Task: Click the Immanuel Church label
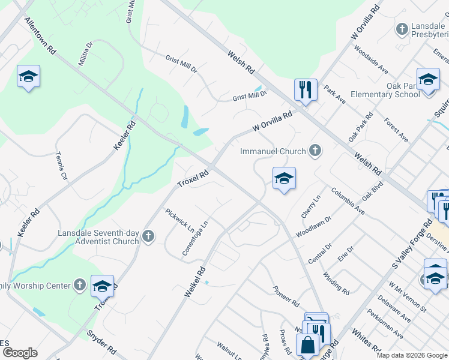[273, 151]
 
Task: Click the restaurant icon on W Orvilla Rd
[306, 90]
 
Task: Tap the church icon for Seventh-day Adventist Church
[148, 237]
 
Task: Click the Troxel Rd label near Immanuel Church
[193, 178]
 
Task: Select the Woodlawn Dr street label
[314, 226]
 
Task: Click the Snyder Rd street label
[101, 341]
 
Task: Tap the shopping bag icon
[307, 346]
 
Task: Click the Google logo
[20, 353]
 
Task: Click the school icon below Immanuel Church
[284, 178]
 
